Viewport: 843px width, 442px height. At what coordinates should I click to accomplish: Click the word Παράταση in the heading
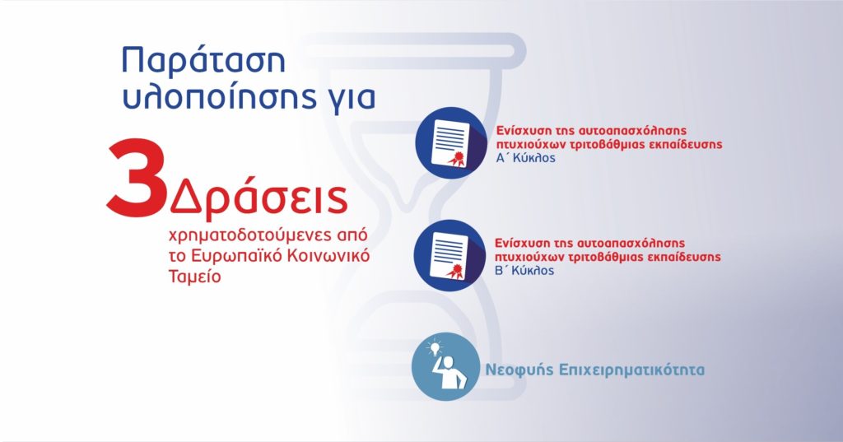(204, 61)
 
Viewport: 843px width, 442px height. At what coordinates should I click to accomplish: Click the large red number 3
(137, 179)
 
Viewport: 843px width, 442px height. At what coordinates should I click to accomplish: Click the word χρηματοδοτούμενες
(240, 235)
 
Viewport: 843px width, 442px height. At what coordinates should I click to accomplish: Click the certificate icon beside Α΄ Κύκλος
(450, 143)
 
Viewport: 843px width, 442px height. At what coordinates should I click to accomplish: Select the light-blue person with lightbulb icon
(445, 367)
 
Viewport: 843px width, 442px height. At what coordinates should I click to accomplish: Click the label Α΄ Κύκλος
(525, 158)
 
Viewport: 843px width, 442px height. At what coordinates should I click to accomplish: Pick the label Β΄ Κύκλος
(524, 270)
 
